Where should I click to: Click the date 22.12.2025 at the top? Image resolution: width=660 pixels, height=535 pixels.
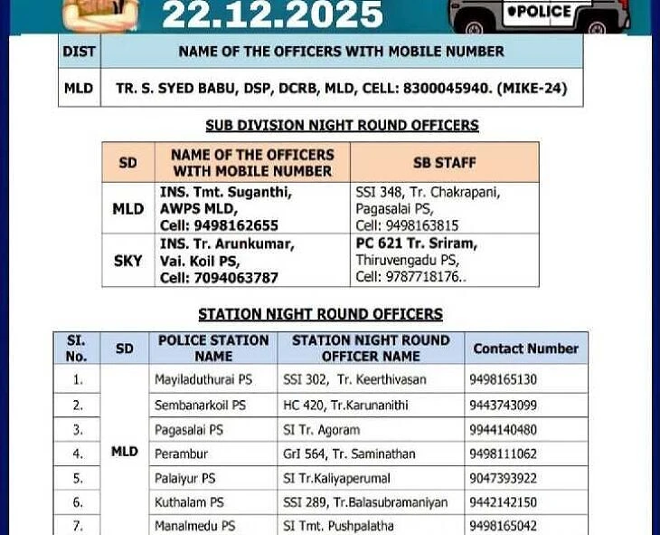[x=272, y=14]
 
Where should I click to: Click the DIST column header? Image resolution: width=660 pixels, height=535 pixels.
[x=79, y=52]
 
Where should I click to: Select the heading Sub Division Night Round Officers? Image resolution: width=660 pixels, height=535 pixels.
[x=342, y=126]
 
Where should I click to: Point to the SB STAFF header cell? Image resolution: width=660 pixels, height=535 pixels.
[x=444, y=163]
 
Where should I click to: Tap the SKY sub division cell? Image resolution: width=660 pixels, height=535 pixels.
[x=127, y=261]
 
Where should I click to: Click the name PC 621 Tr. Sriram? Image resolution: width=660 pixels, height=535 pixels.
[x=416, y=244]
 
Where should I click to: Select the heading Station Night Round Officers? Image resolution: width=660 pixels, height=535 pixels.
[x=320, y=315]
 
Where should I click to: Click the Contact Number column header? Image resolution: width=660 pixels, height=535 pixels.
[x=525, y=349]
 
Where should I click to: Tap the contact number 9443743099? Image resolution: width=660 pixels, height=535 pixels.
[x=503, y=405]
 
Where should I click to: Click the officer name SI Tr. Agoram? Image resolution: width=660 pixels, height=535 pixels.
[x=321, y=430]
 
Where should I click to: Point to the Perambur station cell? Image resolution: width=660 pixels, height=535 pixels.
[x=181, y=454]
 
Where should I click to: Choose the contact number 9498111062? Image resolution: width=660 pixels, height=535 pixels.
[x=503, y=454]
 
